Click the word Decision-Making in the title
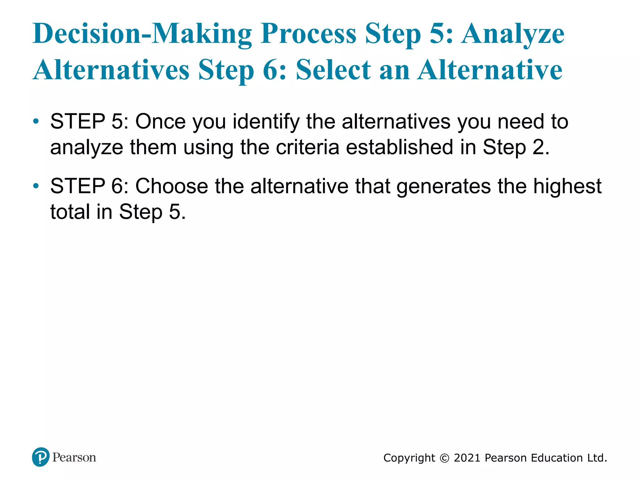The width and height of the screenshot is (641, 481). [142, 34]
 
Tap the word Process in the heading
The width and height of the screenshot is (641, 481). [308, 34]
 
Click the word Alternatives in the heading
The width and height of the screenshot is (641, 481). [111, 70]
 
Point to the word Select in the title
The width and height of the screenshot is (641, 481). [334, 70]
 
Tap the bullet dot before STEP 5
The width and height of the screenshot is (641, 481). [36, 121]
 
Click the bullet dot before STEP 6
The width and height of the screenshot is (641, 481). [36, 186]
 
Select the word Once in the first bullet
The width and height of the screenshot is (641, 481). [160, 122]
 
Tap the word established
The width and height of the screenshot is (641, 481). [399, 147]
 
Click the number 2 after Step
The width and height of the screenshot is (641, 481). [539, 147]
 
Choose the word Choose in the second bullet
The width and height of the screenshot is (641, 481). [172, 186]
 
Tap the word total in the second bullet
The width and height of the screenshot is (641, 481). [70, 212]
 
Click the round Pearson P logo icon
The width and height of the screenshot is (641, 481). [41, 457]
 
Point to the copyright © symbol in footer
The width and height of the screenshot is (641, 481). [444, 458]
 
